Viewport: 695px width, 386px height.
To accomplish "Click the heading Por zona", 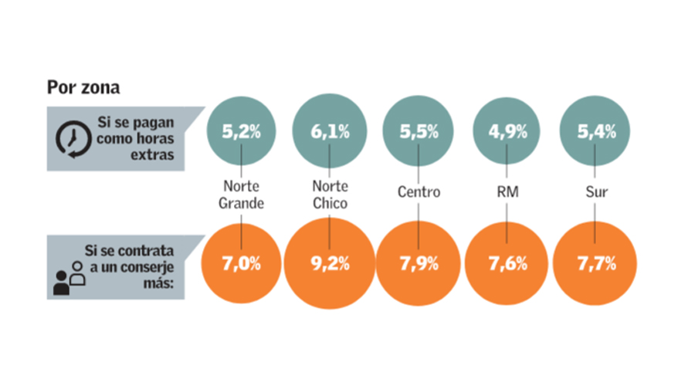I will (x=83, y=87).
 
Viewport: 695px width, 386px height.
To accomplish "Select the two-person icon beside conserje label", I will (x=69, y=278).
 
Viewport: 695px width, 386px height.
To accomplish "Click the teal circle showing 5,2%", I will (x=242, y=131).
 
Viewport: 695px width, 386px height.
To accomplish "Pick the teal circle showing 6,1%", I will (x=330, y=132).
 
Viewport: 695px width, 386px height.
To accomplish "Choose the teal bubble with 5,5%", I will (x=418, y=131).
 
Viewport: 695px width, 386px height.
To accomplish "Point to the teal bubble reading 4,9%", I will (x=507, y=131).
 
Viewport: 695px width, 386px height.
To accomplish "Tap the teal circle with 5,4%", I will (x=595, y=131).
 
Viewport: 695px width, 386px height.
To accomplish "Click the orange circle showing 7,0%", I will (x=242, y=263).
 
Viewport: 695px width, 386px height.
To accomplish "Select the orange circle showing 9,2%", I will (x=330, y=263).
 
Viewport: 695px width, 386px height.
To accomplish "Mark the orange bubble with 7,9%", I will (x=418, y=263).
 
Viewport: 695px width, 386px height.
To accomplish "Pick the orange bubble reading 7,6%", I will (x=507, y=263).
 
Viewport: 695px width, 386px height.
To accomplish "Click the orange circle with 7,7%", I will (x=595, y=263).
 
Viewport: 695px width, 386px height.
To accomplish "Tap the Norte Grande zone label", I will (x=242, y=195).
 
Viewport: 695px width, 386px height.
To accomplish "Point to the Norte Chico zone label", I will (x=330, y=195).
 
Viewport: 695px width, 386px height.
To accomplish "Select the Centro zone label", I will (x=418, y=191).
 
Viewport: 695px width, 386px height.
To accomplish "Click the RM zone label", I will (x=507, y=191).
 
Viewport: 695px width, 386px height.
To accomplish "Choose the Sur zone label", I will (x=595, y=191).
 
